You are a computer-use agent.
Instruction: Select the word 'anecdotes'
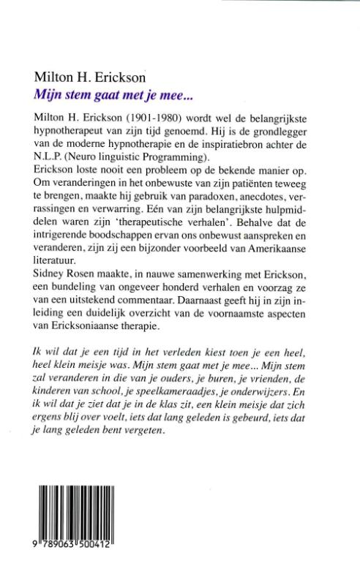click(249, 200)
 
